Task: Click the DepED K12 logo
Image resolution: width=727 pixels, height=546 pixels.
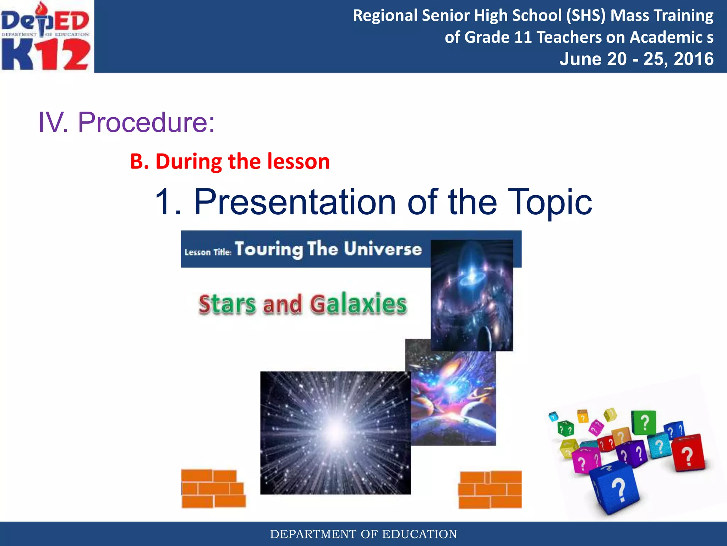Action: tap(46, 36)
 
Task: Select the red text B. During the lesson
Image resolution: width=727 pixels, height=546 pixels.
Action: tap(230, 161)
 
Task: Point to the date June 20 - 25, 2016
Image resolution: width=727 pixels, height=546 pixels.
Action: tap(636, 59)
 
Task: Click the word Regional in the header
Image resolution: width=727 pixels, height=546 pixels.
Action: tap(385, 16)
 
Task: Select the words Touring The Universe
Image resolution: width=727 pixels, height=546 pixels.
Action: tap(328, 249)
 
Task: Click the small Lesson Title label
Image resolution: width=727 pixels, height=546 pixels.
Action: tap(208, 252)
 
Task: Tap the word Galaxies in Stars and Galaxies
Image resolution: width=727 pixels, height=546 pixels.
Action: tap(359, 304)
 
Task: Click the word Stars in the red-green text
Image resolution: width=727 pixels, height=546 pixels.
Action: tap(227, 304)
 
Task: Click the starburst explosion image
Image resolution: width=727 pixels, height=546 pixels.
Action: tap(335, 433)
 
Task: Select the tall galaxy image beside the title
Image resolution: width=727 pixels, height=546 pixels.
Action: tap(471, 295)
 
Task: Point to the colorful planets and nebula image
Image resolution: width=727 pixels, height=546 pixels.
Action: tap(453, 398)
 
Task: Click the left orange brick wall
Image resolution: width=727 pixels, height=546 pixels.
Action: tap(213, 489)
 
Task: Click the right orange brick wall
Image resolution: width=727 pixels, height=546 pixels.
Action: tap(490, 490)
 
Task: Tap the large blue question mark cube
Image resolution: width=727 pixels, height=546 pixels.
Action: tap(616, 489)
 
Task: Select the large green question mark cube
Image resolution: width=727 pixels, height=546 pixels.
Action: tap(643, 423)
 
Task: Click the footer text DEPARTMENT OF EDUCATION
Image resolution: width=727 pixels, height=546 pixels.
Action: tap(363, 534)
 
